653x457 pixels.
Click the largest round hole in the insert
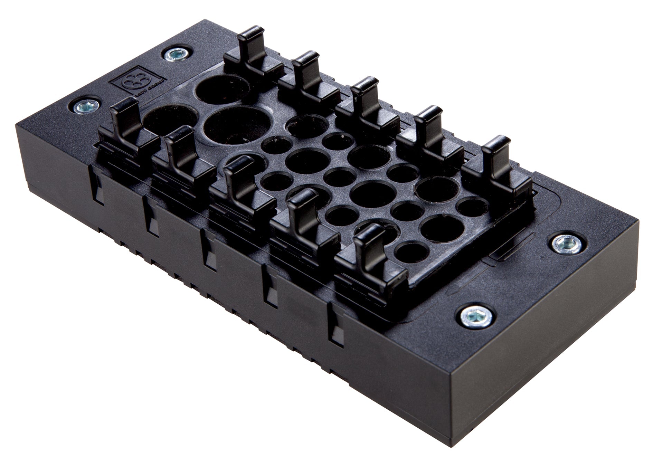coord(238,127)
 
